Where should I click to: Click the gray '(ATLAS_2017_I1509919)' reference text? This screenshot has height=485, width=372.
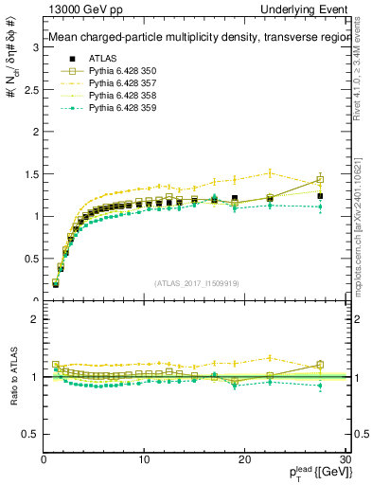pos(196,282)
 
